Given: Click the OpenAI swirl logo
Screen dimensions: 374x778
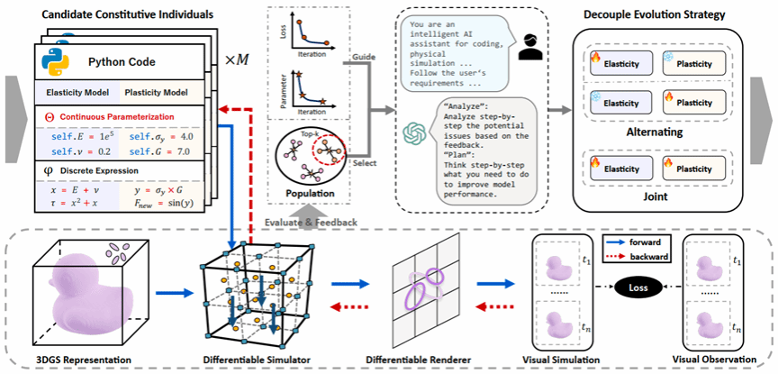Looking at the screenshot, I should coord(414,134).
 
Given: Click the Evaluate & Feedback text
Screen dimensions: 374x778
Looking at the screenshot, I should coord(312,220).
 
